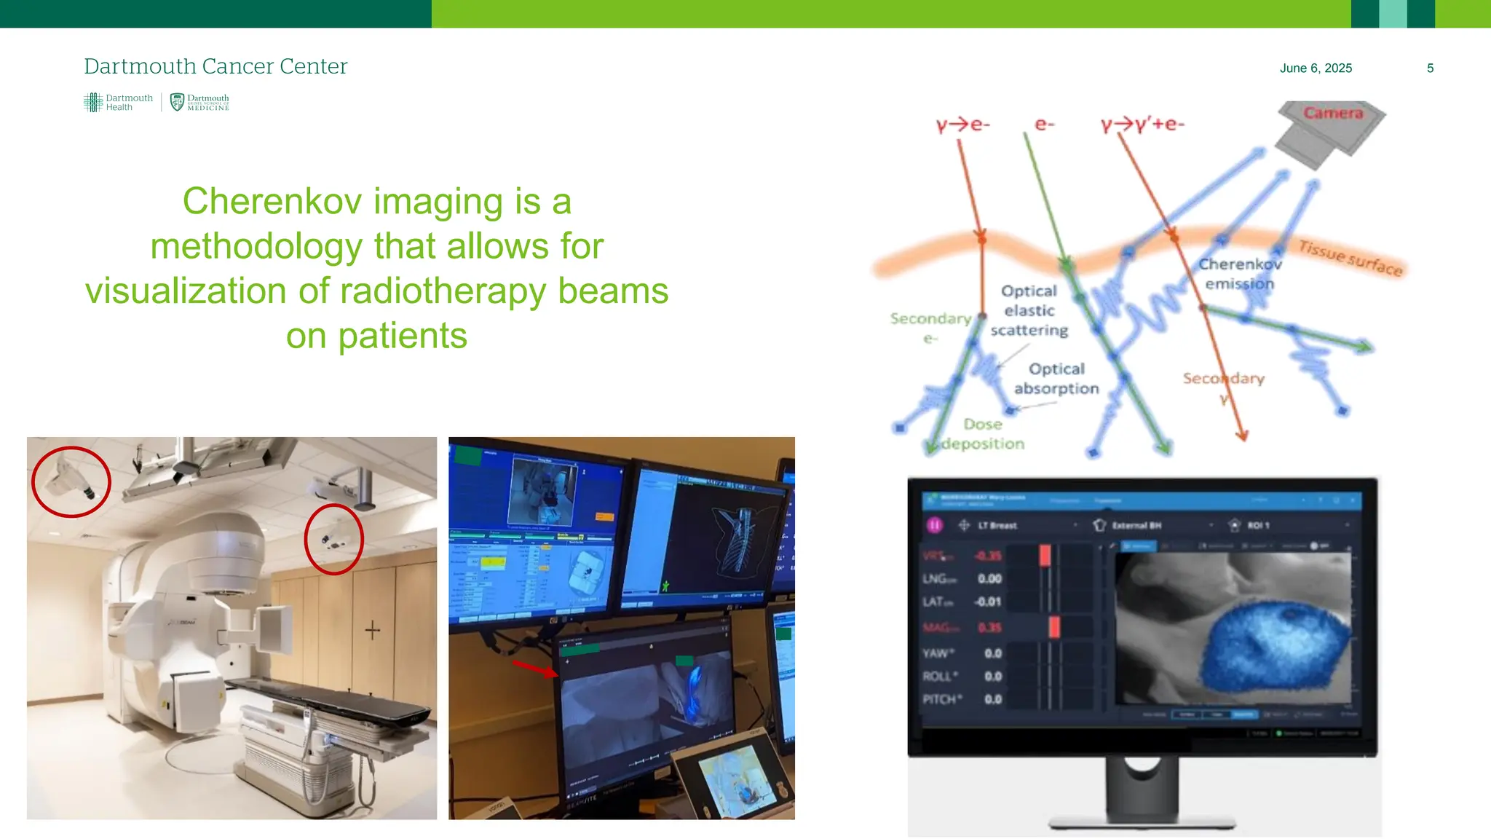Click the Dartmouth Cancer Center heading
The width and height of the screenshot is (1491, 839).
[x=215, y=66]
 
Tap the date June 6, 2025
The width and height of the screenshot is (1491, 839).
[x=1315, y=68]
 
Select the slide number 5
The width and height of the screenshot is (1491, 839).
[x=1430, y=68]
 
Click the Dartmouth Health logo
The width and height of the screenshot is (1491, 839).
[x=118, y=103]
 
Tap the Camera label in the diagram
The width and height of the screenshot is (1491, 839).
[x=1332, y=114]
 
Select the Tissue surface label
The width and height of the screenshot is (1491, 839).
[x=1350, y=258]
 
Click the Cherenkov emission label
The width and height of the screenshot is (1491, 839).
[x=1239, y=274]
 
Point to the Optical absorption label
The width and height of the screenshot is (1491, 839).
[x=1056, y=379]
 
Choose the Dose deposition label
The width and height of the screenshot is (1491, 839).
[x=983, y=434]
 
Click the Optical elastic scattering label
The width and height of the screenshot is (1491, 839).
[x=1029, y=311]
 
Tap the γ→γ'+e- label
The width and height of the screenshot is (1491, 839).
[x=1142, y=125]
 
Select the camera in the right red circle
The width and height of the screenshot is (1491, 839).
[x=333, y=540]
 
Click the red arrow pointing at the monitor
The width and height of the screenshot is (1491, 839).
[x=534, y=668]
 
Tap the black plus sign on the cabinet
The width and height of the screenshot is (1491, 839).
[x=372, y=630]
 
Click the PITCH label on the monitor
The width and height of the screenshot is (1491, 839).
[x=941, y=699]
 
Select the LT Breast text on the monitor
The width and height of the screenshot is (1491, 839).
[x=997, y=525]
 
